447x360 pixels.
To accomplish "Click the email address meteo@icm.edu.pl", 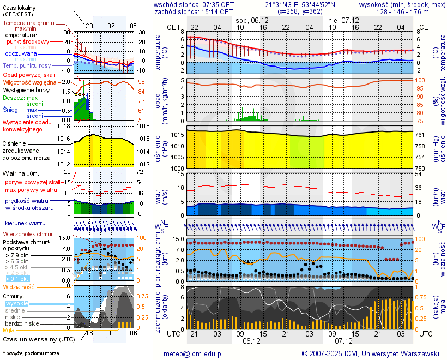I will click(x=194, y=353).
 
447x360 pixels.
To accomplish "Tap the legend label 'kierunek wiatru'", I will click(x=26, y=224).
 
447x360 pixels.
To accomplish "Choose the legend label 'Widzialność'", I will click(x=19, y=286).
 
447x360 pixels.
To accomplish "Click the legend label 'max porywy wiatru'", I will click(x=31, y=189).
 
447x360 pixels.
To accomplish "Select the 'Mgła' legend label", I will click(x=9, y=330).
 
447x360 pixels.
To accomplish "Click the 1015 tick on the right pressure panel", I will click(x=176, y=135).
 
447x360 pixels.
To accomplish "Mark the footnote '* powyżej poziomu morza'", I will click(x=31, y=353).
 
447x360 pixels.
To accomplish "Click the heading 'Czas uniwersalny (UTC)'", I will click(x=37, y=339).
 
